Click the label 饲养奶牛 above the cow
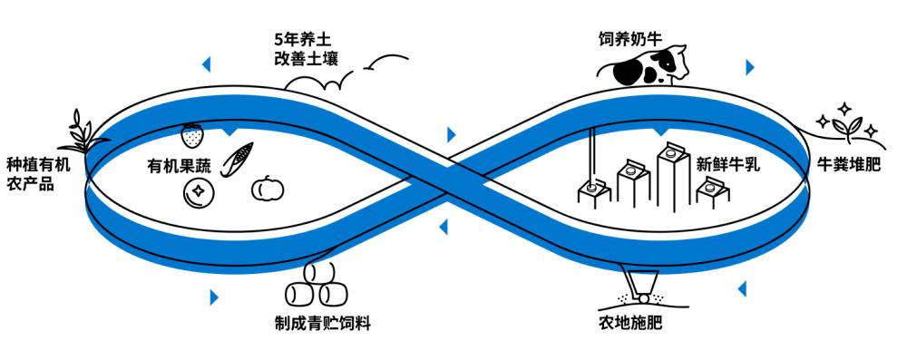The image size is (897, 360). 630,40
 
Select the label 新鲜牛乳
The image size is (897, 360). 727,165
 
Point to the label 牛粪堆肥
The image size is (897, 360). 848,167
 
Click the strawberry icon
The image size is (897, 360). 192,136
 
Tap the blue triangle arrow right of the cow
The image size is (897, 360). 749,67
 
